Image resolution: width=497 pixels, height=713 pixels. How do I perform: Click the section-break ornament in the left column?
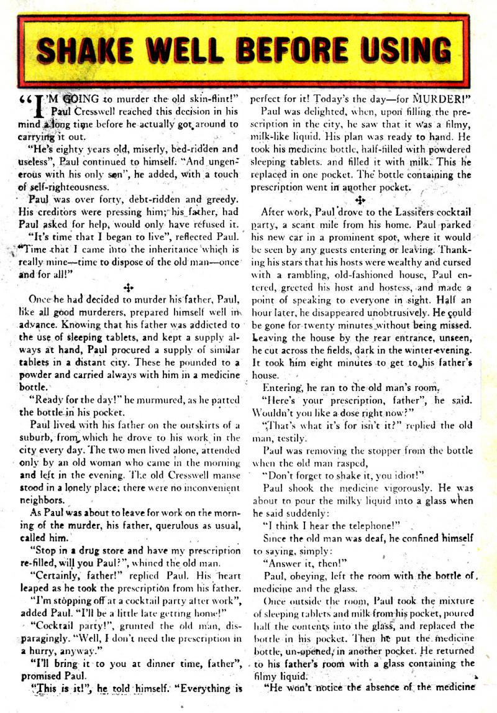(x=129, y=287)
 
